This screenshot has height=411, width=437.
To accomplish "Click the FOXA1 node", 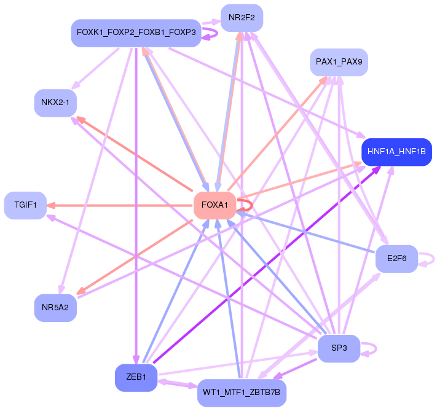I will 215,205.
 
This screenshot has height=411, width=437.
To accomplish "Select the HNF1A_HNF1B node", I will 396,151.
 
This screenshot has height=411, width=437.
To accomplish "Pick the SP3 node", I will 339,348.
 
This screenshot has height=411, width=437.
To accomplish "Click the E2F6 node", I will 396,259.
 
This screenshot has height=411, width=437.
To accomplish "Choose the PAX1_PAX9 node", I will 339,62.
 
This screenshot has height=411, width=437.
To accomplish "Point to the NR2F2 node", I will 242,18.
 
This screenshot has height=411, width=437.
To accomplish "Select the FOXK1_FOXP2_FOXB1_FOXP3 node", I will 136,32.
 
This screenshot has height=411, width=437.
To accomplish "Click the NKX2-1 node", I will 55,103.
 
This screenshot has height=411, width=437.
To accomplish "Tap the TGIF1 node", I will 25,205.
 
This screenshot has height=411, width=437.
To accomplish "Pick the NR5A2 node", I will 55,307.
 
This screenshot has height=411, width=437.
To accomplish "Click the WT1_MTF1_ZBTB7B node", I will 242,392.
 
